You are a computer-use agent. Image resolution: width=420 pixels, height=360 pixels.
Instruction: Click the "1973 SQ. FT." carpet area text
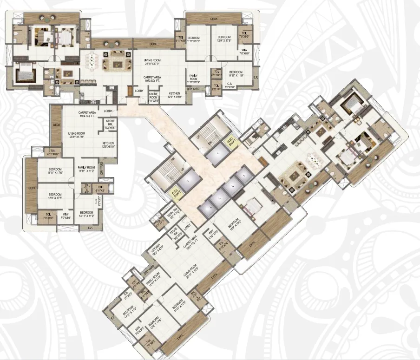(152, 82)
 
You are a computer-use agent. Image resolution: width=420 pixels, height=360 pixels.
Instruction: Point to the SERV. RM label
(171, 216)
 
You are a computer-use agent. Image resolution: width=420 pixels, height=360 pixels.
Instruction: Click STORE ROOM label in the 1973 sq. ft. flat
(154, 96)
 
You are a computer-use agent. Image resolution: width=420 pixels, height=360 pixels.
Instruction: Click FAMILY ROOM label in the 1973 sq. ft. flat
(194, 79)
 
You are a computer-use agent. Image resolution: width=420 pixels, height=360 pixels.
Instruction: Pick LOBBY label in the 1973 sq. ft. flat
(139, 91)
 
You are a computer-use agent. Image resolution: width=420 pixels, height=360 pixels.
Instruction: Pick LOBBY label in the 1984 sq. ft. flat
(109, 111)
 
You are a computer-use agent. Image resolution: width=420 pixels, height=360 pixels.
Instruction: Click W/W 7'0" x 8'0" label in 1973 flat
(244, 52)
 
